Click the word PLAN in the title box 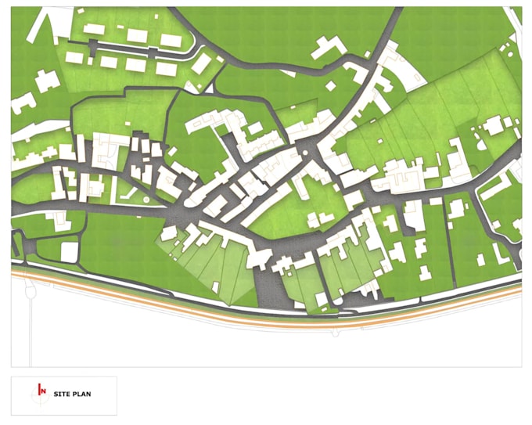click(x=81, y=394)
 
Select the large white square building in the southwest click(x=70, y=252)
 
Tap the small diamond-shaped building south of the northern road click(x=332, y=85)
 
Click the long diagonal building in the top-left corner click(x=40, y=27)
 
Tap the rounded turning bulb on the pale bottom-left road click(x=31, y=291)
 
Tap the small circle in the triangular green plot click(x=145, y=200)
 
